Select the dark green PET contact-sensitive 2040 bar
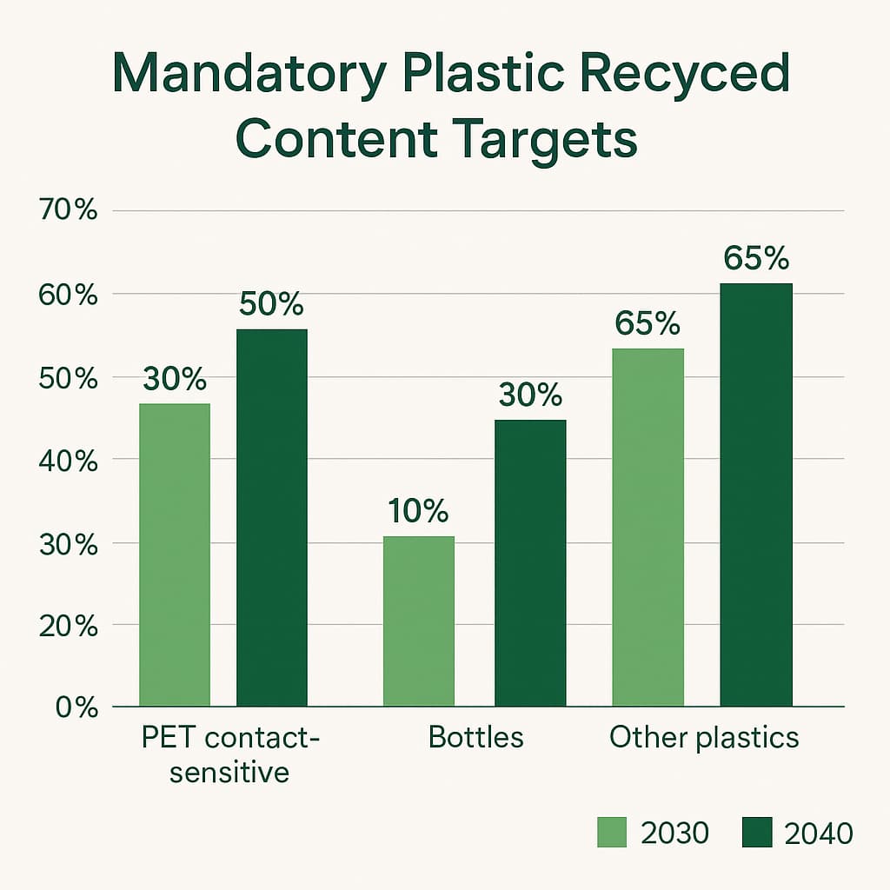pyautogui.click(x=272, y=518)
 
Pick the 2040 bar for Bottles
pyautogui.click(x=530, y=563)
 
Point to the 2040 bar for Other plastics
pyautogui.click(x=756, y=495)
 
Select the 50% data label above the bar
pyautogui.click(x=272, y=304)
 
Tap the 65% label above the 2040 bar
pyautogui.click(x=756, y=259)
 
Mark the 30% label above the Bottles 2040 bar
pyautogui.click(x=530, y=395)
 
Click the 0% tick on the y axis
pyautogui.click(x=76, y=707)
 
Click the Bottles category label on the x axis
pyautogui.click(x=476, y=738)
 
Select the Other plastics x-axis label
pyautogui.click(x=704, y=738)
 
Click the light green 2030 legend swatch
pyautogui.click(x=611, y=833)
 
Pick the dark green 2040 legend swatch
pyautogui.click(x=756, y=833)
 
